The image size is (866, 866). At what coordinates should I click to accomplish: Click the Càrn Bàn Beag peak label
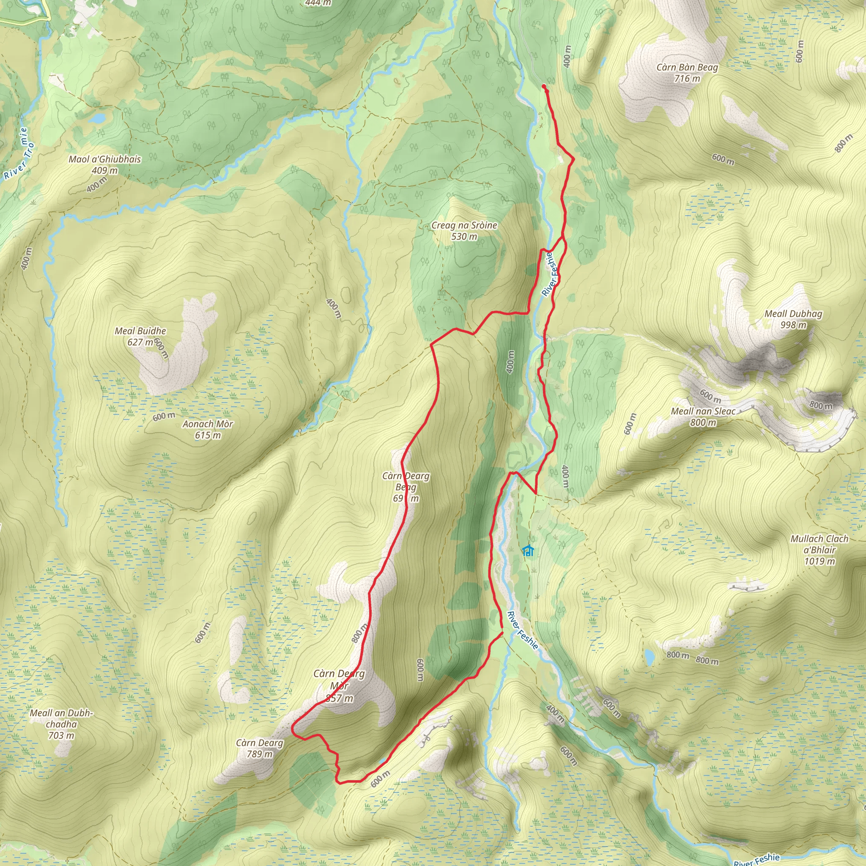coord(687,73)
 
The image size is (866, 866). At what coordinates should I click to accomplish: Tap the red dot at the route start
coord(544,86)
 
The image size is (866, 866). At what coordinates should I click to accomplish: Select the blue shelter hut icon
coord(529,551)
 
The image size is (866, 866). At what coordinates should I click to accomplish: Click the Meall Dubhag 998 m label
coord(793,319)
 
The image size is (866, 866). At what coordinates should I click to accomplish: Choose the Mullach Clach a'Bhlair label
coord(819,550)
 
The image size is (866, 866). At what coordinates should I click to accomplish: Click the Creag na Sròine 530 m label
coord(464,231)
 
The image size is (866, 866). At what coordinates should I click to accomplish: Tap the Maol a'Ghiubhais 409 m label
coord(104,164)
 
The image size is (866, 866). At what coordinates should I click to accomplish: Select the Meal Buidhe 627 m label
coord(140,336)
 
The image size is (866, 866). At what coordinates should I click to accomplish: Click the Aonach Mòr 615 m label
coord(208,429)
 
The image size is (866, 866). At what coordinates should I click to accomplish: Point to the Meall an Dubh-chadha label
coord(61,724)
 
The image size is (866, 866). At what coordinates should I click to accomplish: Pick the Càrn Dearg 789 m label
coord(260,748)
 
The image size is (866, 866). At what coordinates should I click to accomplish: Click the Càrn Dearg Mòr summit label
coord(339,686)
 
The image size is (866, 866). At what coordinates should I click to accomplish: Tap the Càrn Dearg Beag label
coord(406,487)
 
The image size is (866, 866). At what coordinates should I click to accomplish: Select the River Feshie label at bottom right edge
coord(756,859)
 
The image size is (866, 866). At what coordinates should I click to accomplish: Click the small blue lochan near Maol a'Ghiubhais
coord(97,118)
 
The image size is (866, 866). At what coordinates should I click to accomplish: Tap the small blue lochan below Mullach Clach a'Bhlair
coord(649,657)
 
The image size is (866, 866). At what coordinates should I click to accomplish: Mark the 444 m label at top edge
coord(318,3)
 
